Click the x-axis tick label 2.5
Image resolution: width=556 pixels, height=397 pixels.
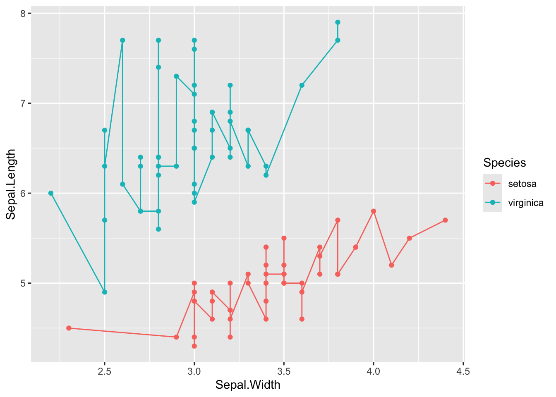click(x=104, y=371)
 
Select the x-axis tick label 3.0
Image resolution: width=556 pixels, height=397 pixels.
click(x=194, y=371)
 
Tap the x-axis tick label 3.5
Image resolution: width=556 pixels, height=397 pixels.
click(x=284, y=371)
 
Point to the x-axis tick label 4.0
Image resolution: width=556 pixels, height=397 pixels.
click(x=374, y=371)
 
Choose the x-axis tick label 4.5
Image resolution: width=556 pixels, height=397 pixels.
click(x=463, y=371)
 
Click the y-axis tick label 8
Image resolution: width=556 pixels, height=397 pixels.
click(x=23, y=14)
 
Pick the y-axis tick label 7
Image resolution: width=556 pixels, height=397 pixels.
click(x=23, y=103)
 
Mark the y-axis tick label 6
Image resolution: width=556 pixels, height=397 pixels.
click(x=23, y=193)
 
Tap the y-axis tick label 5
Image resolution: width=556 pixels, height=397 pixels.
click(x=23, y=283)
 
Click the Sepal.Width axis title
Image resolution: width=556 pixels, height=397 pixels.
click(x=248, y=385)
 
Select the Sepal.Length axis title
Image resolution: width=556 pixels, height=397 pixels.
click(x=11, y=184)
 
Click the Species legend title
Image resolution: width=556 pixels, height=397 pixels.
click(x=504, y=163)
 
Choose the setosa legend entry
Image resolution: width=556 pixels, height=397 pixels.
click(x=522, y=184)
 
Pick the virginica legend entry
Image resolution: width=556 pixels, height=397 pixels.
click(x=525, y=203)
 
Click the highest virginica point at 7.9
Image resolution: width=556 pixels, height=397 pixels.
click(x=338, y=22)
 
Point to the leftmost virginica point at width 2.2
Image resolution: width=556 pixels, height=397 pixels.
click(x=51, y=193)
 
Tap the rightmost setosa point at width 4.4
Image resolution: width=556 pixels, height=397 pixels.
click(x=445, y=220)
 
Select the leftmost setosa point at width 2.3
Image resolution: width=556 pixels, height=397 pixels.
click(x=69, y=328)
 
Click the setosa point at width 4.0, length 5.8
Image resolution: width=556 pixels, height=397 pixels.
click(x=374, y=211)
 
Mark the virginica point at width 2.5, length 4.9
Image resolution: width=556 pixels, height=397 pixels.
click(x=105, y=292)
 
